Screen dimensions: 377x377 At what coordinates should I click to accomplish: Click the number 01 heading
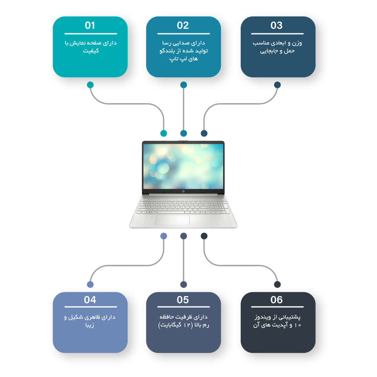tap(90, 25)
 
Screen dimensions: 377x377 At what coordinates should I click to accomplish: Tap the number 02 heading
tap(183, 25)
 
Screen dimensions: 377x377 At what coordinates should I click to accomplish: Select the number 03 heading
tap(276, 25)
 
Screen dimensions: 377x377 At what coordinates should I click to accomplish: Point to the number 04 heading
tap(90, 300)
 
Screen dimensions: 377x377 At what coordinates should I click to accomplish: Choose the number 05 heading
tap(183, 300)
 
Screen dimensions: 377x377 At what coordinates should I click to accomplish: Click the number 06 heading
tap(276, 300)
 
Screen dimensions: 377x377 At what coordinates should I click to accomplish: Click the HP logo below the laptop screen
tap(183, 191)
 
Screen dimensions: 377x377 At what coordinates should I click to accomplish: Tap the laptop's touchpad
tap(172, 220)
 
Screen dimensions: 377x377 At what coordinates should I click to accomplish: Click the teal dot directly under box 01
tap(90, 85)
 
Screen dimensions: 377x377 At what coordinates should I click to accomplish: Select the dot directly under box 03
tap(277, 85)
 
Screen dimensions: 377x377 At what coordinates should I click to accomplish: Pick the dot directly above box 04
tap(90, 284)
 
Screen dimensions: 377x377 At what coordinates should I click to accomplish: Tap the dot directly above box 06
tap(277, 284)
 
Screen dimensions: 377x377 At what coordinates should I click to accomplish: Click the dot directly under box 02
tap(183, 85)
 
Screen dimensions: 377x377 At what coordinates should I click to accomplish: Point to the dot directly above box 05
tap(183, 284)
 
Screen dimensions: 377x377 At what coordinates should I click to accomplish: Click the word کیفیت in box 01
tap(91, 51)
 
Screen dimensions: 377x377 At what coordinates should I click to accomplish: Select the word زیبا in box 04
tap(90, 325)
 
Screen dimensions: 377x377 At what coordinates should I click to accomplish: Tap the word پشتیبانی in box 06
tap(289, 317)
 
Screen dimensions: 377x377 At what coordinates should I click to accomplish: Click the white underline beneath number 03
tap(277, 34)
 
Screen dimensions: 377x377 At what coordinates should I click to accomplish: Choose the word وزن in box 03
tap(297, 43)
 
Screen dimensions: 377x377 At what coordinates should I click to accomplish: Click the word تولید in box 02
tap(201, 51)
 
